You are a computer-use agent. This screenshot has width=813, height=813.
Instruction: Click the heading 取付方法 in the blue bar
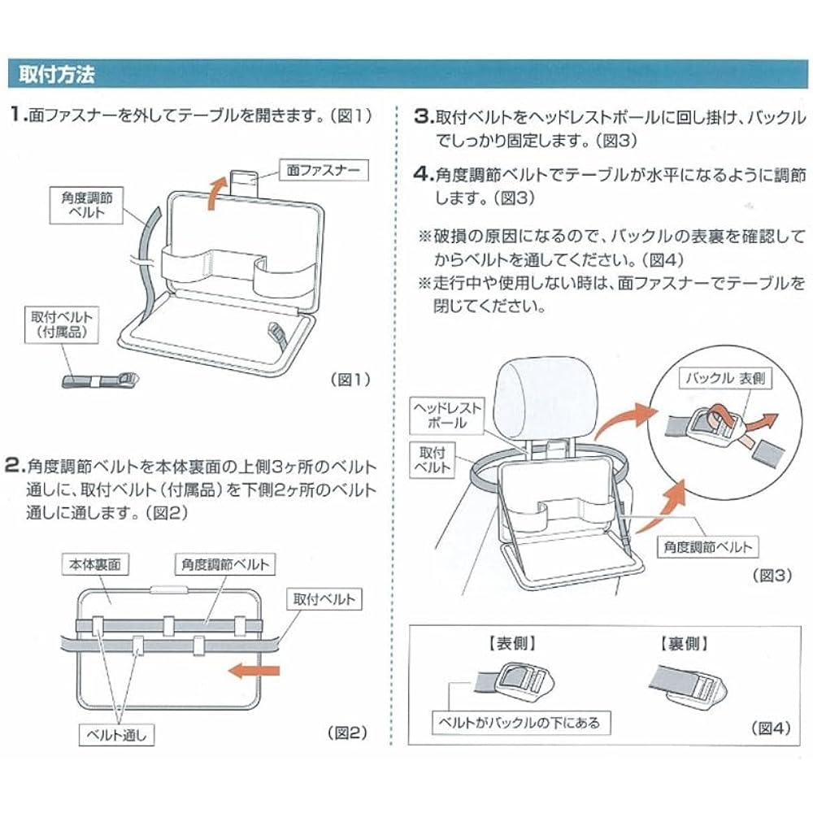[x=57, y=75]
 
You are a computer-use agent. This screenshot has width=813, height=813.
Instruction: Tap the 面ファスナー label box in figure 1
[x=322, y=171]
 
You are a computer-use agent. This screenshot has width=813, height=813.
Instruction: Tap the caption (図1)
[x=350, y=379]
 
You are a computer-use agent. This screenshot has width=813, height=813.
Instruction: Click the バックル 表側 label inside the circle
[x=726, y=379]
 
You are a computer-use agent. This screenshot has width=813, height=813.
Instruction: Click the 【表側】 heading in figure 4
[x=507, y=643]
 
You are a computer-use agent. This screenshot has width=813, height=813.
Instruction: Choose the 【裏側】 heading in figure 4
[x=680, y=643]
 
